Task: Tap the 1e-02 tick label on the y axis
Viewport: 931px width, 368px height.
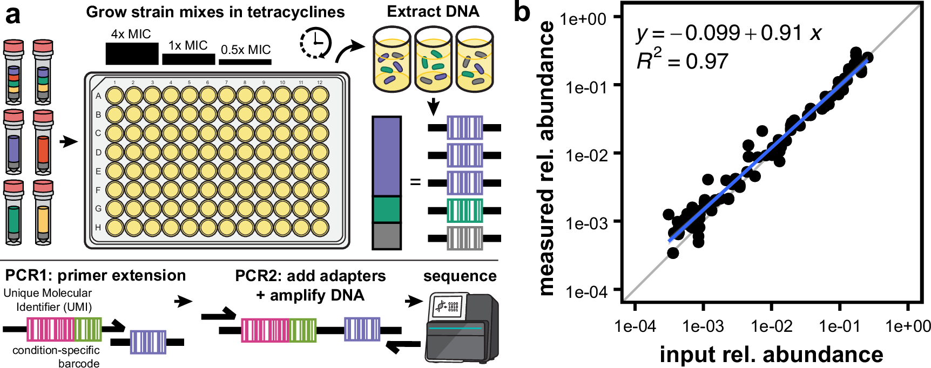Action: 586,155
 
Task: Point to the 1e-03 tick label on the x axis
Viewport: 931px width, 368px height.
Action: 703,326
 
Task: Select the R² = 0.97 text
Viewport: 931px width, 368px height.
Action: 682,61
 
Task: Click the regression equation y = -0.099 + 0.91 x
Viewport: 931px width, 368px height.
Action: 728,33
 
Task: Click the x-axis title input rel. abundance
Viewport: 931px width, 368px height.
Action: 771,355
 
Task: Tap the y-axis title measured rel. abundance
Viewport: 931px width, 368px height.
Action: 547,158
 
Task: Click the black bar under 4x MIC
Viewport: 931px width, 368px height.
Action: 132,53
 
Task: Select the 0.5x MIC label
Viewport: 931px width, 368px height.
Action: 245,50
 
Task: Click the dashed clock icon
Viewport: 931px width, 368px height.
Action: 315,43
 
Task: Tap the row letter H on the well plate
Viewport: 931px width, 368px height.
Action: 98,227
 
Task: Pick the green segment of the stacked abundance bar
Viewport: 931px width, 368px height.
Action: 386,209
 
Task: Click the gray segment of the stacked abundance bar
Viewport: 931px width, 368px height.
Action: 386,236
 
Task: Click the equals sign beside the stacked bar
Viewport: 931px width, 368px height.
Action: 415,182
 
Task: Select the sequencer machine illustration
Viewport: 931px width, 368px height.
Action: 462,328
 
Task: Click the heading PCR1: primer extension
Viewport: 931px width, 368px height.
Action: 95,276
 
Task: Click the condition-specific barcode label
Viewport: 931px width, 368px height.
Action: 56,357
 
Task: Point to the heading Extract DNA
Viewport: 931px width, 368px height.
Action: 433,12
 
